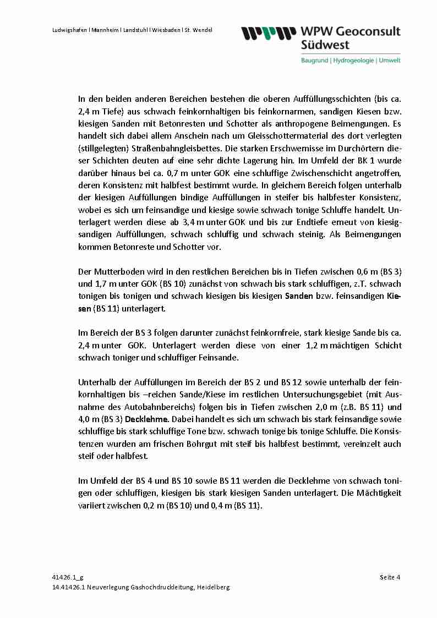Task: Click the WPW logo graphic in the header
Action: pos(266,34)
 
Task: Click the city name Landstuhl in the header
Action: pos(133,30)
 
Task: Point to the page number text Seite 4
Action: pos(390,577)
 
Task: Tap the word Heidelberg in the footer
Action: pos(213,587)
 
